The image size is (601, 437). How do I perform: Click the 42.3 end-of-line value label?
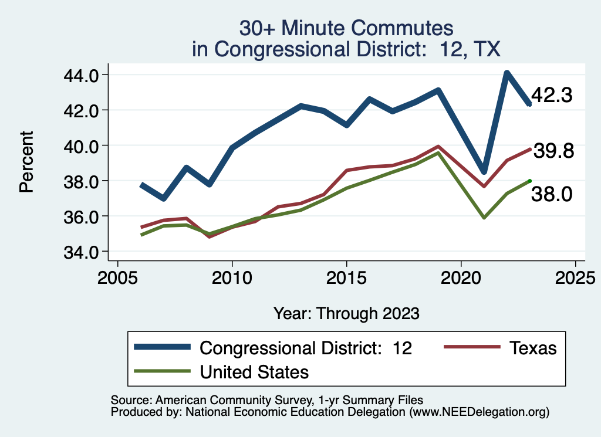(552, 96)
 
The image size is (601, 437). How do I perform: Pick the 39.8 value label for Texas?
(552, 151)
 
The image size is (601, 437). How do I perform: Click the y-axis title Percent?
(26, 163)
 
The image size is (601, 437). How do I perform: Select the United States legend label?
(254, 371)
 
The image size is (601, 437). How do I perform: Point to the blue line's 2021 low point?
(484, 171)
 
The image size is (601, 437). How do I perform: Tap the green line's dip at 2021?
(484, 218)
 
